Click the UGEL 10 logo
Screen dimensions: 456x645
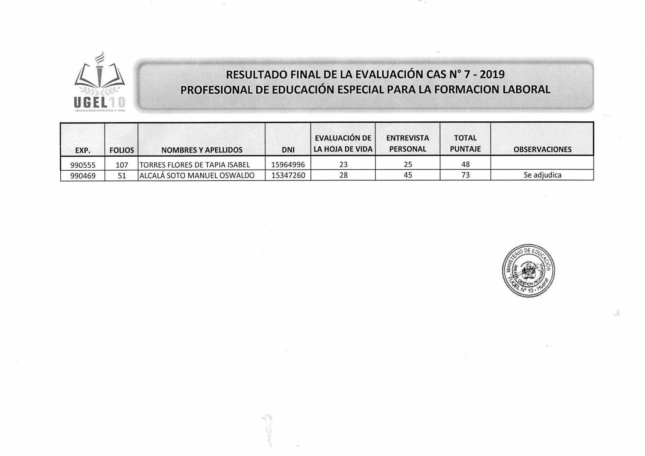(x=100, y=82)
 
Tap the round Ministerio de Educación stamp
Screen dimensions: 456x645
(x=528, y=270)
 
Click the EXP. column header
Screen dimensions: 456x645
(x=83, y=150)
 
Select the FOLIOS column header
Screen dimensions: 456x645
(x=122, y=150)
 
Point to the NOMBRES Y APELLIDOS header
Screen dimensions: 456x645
(x=202, y=150)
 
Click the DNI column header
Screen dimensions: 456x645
(x=288, y=150)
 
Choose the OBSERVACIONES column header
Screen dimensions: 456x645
(x=542, y=149)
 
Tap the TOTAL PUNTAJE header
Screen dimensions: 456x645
(x=465, y=143)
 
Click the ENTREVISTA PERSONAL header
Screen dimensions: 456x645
(x=407, y=143)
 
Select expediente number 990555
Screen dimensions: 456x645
(x=83, y=165)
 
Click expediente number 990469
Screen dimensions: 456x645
(x=83, y=176)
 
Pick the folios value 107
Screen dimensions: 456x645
(x=122, y=165)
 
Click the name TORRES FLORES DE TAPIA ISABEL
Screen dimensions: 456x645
(x=195, y=165)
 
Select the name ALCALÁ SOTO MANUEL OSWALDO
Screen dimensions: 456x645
(x=197, y=175)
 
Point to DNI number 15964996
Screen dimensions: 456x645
(x=288, y=165)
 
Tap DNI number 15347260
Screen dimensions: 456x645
(x=288, y=175)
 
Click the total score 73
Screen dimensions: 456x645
(x=466, y=175)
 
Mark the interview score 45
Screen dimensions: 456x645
(x=408, y=175)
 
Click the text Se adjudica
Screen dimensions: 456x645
(x=542, y=175)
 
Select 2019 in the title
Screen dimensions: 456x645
(x=492, y=75)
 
